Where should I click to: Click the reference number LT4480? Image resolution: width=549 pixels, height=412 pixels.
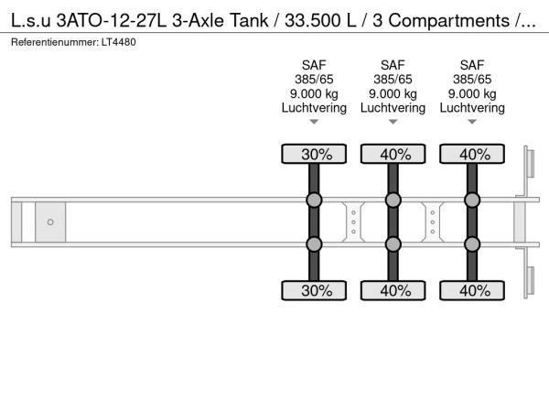pyautogui.click(x=119, y=42)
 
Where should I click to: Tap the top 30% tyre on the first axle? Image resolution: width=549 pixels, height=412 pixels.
pyautogui.click(x=314, y=154)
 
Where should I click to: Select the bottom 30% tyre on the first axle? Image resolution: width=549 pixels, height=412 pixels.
pyautogui.click(x=314, y=290)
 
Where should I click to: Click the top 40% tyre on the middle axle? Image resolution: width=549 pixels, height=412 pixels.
pyautogui.click(x=393, y=154)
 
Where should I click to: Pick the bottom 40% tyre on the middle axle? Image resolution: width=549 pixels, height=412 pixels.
pyautogui.click(x=393, y=290)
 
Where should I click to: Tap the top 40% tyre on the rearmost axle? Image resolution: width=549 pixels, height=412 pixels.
pyautogui.click(x=472, y=154)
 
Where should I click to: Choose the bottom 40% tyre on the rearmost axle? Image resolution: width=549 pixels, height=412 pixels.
pyautogui.click(x=472, y=290)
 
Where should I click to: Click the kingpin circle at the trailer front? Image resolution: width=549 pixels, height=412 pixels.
pyautogui.click(x=50, y=222)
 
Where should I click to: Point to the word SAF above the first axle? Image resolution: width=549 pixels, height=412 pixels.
pyautogui.click(x=314, y=65)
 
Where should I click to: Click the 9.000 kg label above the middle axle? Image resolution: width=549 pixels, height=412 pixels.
pyautogui.click(x=393, y=94)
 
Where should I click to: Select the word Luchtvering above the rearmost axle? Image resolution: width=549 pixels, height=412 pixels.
pyautogui.click(x=472, y=108)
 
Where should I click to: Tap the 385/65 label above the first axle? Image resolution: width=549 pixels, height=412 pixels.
pyautogui.click(x=314, y=80)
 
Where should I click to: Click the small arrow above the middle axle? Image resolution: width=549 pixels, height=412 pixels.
pyautogui.click(x=393, y=122)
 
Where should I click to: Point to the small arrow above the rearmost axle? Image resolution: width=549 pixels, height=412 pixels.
pyautogui.click(x=472, y=122)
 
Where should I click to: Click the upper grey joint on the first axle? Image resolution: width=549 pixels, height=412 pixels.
pyautogui.click(x=314, y=200)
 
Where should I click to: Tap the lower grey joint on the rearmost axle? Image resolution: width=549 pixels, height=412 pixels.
pyautogui.click(x=472, y=244)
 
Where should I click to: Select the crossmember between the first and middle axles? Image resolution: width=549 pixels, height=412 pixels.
pyautogui.click(x=353, y=222)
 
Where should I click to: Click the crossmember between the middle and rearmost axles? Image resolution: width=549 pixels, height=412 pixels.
pyautogui.click(x=433, y=222)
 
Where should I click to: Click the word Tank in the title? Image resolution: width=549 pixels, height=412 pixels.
pyautogui.click(x=249, y=20)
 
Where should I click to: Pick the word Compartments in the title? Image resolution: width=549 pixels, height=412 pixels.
pyautogui.click(x=449, y=21)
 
